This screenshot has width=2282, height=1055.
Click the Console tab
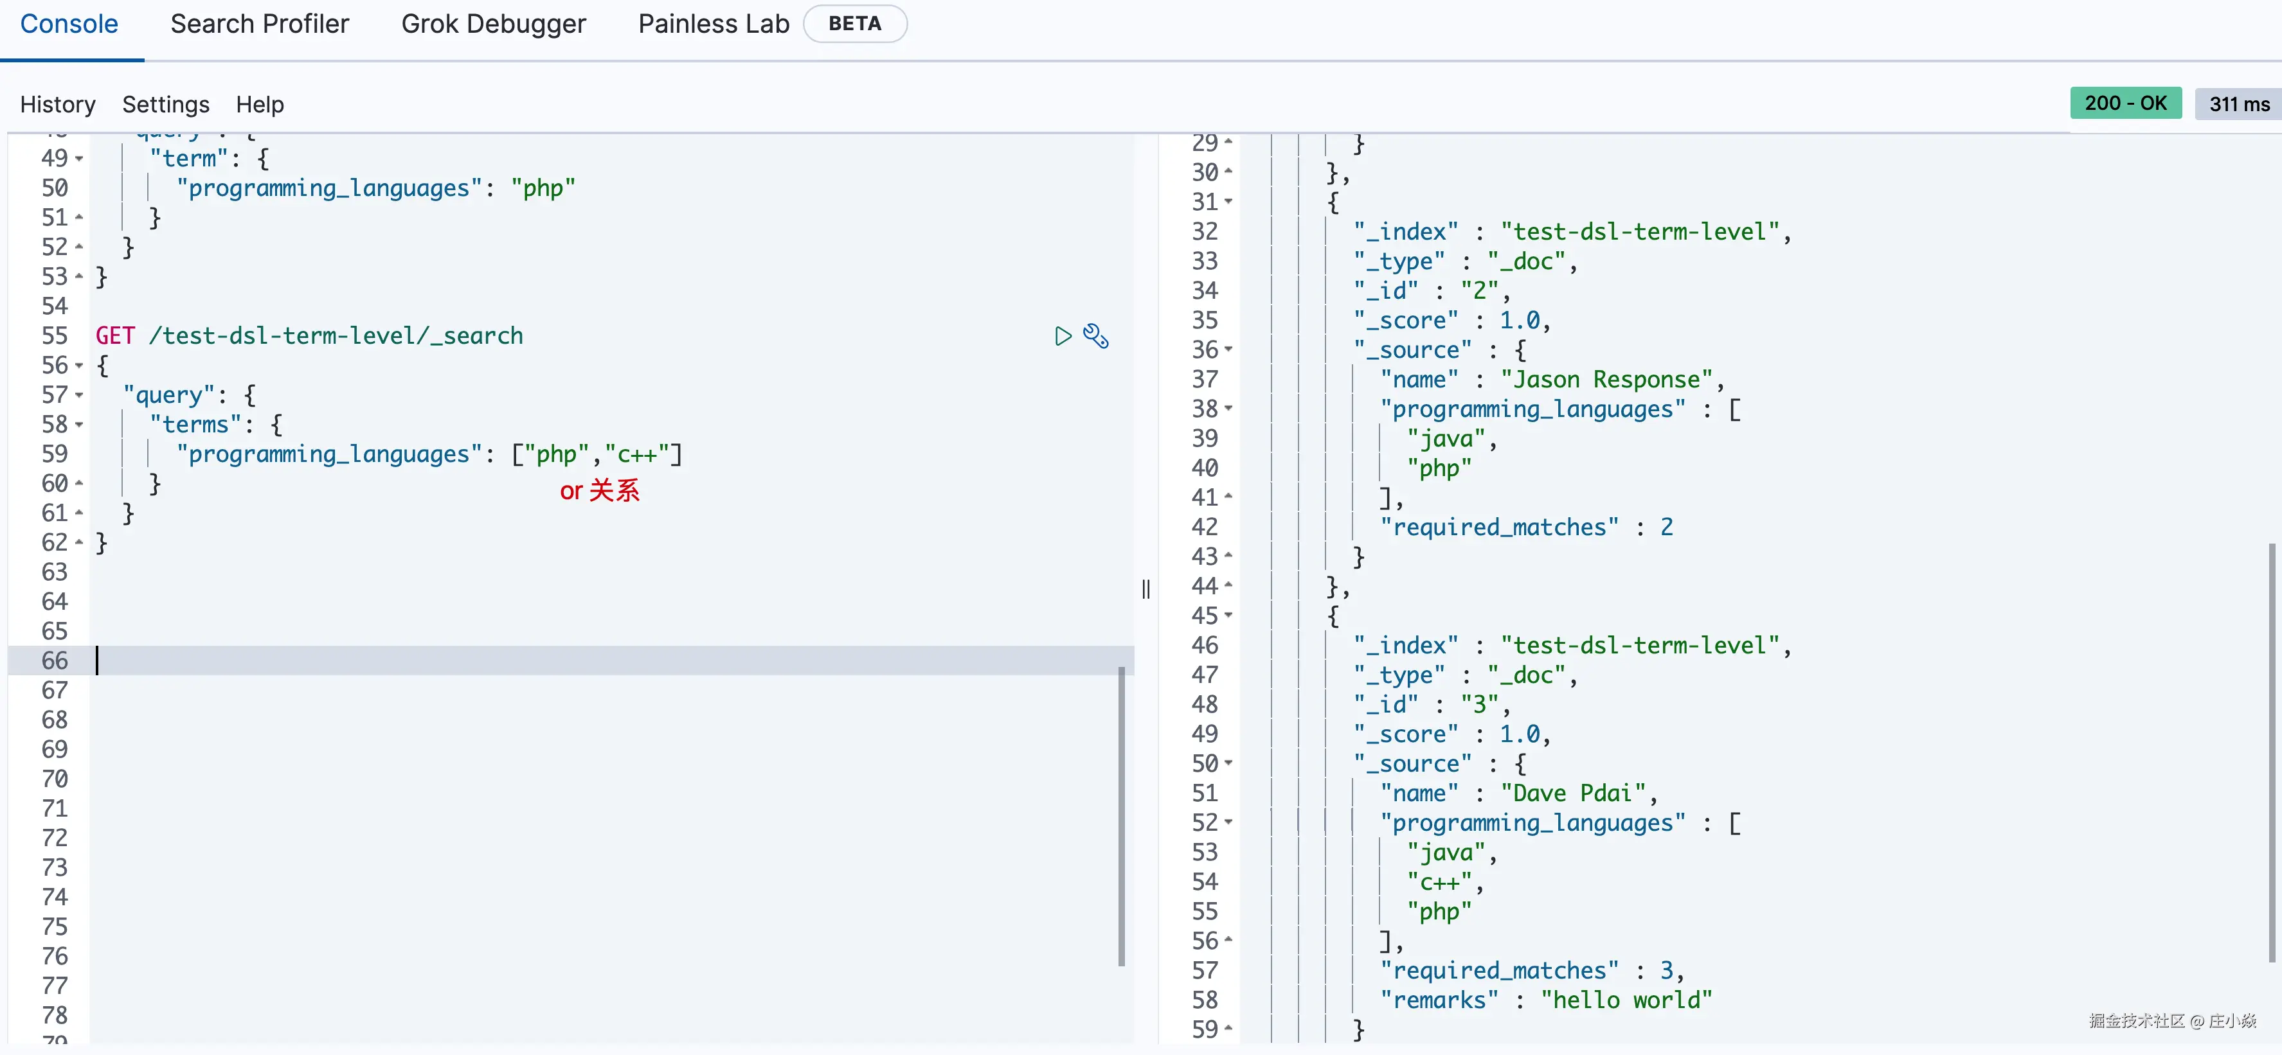[x=69, y=24]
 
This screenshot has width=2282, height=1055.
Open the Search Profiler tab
[x=260, y=24]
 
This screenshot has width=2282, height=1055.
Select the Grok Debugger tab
[x=494, y=24]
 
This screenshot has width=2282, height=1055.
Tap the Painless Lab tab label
[x=713, y=24]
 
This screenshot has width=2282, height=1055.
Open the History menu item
[x=58, y=105]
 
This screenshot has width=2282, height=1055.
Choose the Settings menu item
[x=166, y=105]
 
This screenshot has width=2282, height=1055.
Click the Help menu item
[x=260, y=105]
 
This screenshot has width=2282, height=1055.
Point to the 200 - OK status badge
[x=2125, y=103]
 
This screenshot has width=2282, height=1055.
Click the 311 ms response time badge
[x=2238, y=103]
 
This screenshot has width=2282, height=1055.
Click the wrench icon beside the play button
[x=1096, y=336]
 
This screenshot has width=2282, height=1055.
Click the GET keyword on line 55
[x=115, y=336]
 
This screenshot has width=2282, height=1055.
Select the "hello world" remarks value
[x=1626, y=1000]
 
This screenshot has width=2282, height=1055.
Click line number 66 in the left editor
[x=55, y=660]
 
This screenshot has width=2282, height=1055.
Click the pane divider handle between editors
[x=1146, y=589]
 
